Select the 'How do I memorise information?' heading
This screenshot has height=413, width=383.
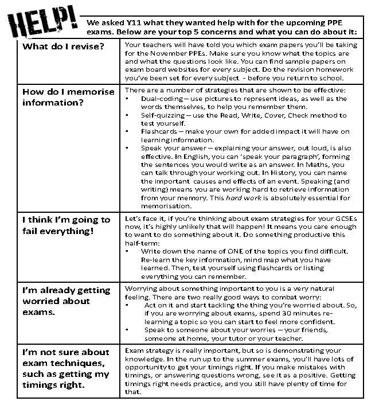68,97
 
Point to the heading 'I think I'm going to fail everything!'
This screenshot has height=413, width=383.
66,225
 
